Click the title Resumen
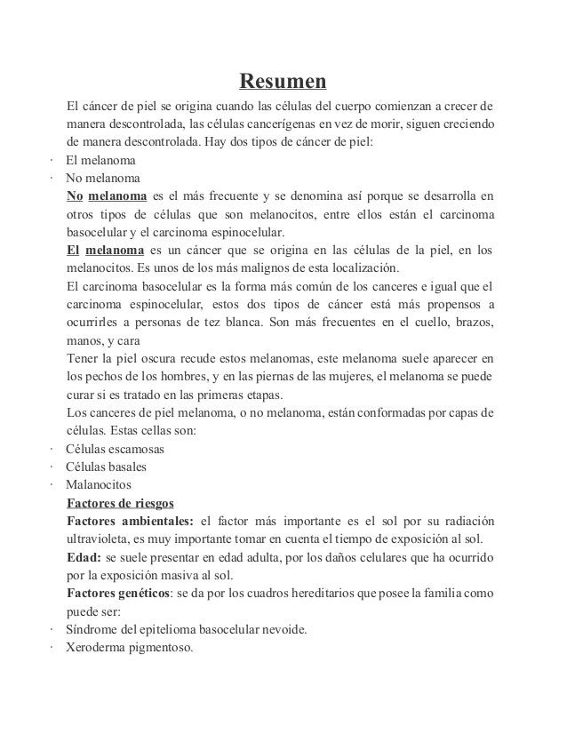(x=283, y=84)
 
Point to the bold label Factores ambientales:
(x=130, y=521)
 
